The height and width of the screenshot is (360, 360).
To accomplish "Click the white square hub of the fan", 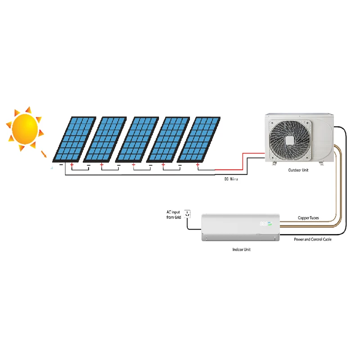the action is point(289,140).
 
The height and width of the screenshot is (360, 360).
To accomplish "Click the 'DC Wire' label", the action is point(231,179).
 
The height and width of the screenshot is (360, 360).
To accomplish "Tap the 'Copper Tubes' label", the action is point(308,218).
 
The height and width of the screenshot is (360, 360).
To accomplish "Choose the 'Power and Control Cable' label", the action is point(313,239).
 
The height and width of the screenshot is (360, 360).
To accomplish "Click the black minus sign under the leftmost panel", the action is point(61,165).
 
